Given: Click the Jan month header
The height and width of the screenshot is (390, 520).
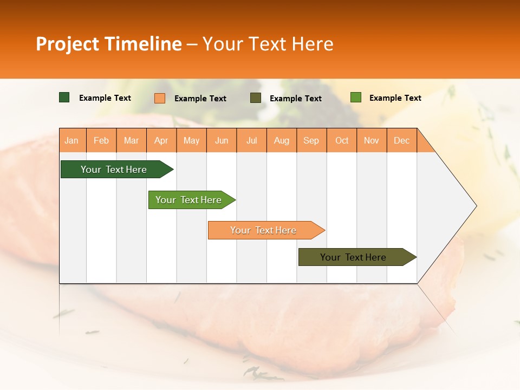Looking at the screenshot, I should point(71,140).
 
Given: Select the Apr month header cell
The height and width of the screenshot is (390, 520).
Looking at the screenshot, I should point(161,140).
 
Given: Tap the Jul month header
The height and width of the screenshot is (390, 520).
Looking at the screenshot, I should point(251,140).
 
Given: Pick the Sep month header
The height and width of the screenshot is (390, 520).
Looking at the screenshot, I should point(311,140).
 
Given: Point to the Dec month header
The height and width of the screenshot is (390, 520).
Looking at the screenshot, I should point(401,140).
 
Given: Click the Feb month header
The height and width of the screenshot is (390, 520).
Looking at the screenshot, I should point(101,140).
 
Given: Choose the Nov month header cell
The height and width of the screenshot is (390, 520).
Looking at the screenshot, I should point(371,140).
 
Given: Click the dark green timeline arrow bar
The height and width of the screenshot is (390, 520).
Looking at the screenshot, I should point(114,170).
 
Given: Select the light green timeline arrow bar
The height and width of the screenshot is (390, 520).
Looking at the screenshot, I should point(188,200).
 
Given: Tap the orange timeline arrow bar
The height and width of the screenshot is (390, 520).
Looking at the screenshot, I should point(263,230).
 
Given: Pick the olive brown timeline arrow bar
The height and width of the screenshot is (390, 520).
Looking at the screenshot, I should point(353,257).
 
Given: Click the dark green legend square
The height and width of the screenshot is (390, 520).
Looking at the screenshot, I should point(64,97).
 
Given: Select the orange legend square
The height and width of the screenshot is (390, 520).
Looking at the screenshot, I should point(160,98).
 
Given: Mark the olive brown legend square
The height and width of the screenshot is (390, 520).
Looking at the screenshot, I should point(255,98).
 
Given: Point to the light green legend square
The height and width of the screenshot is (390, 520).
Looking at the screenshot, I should point(355,97).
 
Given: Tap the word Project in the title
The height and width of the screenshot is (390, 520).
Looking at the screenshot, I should point(67,44).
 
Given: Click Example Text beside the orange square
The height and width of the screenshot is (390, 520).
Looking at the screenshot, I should point(200,99).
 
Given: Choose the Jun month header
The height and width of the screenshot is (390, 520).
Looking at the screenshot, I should point(222,140).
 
